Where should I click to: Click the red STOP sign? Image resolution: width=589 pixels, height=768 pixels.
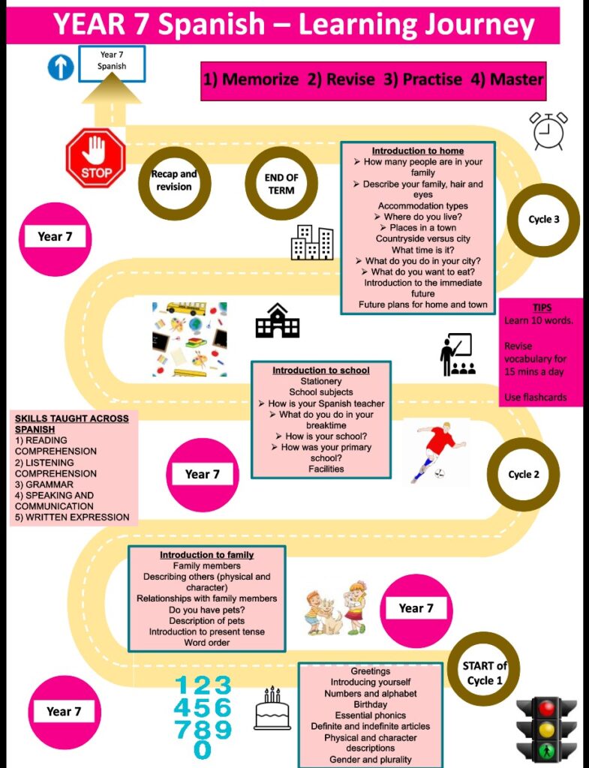point(95,157)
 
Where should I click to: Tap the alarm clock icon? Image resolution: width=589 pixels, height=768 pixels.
point(548,131)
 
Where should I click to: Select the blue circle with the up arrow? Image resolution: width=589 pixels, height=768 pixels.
point(61,67)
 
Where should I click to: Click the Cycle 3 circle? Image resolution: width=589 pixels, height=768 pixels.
point(543,220)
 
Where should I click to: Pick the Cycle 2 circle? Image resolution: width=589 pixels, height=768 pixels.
point(523,474)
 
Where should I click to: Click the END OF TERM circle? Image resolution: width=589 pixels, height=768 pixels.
point(281,184)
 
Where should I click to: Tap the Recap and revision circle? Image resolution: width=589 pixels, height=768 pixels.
point(174,181)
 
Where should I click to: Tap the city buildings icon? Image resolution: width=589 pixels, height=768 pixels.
point(311,242)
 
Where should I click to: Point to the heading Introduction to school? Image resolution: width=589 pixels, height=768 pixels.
point(320,370)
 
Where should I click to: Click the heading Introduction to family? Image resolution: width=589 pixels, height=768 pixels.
point(206,555)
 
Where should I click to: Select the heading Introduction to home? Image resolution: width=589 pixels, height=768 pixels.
point(417,151)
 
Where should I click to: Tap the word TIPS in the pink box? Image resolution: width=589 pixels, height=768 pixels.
point(542,308)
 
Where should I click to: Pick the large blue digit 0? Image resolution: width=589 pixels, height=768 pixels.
point(203,748)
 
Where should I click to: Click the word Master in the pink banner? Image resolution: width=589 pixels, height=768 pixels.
point(517,79)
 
